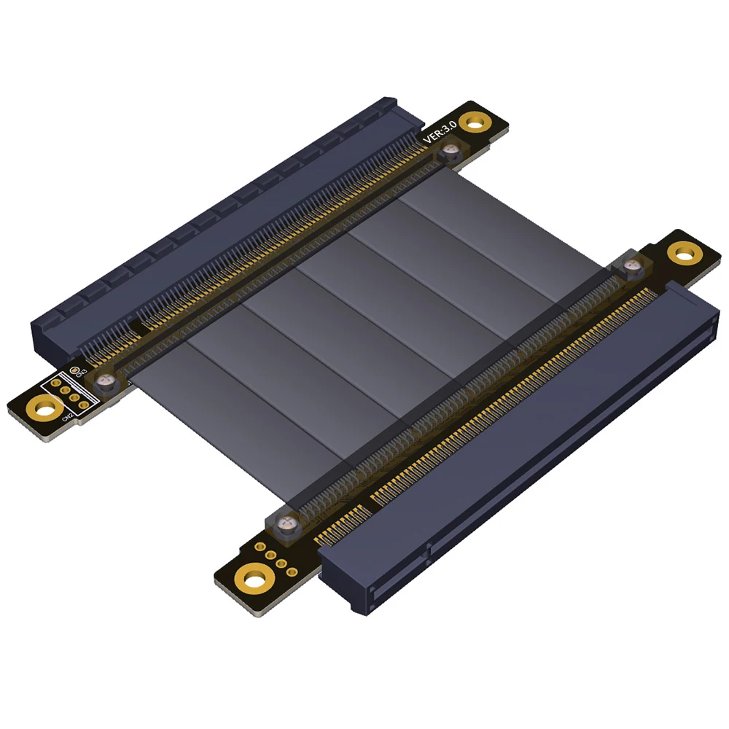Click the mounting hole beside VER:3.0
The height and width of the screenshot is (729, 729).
coord(475,121)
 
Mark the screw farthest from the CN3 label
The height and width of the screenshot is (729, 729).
coord(631,265)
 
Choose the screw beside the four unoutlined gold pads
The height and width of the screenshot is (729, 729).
coord(289,521)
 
